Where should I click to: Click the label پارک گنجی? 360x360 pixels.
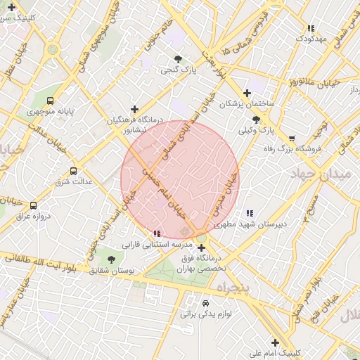pos(179,70)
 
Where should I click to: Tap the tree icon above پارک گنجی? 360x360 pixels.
pos(179,59)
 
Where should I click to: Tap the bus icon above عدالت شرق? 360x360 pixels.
pos(74,171)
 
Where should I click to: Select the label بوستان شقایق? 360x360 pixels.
pos(111,270)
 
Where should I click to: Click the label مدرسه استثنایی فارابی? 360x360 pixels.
pos(154,245)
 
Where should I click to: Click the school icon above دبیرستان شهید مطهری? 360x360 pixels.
pos(250,213)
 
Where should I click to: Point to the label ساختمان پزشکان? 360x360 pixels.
pos(246,103)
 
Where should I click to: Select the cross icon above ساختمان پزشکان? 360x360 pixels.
pos(247,93)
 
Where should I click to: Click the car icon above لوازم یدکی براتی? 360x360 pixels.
pos(205,303)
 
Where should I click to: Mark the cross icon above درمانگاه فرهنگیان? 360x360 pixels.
pos(134,109)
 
